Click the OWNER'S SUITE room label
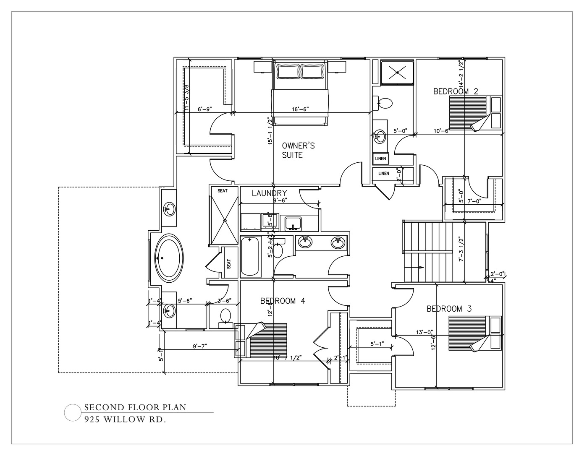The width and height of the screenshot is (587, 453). click(x=298, y=150)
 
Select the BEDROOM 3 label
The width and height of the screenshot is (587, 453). click(x=449, y=309)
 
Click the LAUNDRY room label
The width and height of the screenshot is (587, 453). click(x=269, y=193)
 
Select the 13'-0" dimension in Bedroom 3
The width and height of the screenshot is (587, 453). click(x=424, y=332)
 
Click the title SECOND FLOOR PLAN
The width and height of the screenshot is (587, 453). click(x=135, y=407)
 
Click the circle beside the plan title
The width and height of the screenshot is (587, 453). click(x=72, y=412)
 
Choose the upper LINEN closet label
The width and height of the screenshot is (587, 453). click(x=380, y=159)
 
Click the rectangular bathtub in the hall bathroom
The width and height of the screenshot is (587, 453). click(x=251, y=256)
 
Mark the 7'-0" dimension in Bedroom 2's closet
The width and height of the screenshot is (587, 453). click(x=474, y=201)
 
